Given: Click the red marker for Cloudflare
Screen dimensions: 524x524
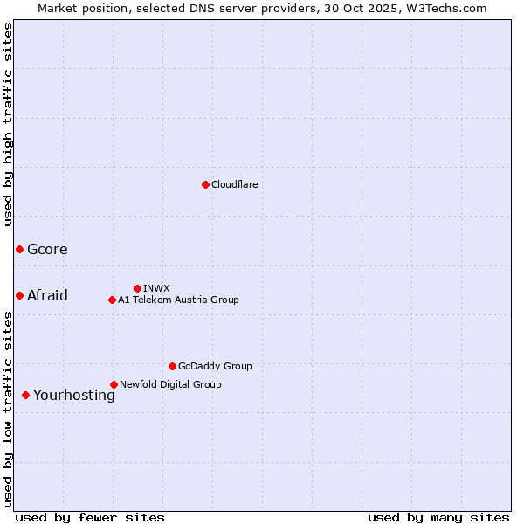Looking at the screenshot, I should (x=205, y=184).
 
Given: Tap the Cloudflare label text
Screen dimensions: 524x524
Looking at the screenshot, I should (x=234, y=184).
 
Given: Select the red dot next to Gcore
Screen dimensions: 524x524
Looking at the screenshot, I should (x=19, y=250).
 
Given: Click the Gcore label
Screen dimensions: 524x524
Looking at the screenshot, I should (x=47, y=250).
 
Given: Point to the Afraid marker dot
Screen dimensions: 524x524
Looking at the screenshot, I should (x=19, y=295).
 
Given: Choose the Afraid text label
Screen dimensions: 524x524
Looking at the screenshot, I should (x=47, y=295).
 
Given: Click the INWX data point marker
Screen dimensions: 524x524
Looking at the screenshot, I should (x=137, y=288).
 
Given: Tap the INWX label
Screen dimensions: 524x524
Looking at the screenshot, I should (x=156, y=288).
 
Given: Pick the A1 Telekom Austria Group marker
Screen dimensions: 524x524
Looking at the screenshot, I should (x=112, y=300).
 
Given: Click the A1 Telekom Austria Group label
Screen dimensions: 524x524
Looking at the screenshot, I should (x=178, y=300).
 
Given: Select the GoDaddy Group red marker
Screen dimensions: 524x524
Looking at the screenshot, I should (x=172, y=366).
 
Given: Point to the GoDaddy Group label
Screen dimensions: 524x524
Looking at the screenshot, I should (x=214, y=366).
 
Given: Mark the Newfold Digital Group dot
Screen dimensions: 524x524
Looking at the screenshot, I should (x=114, y=384).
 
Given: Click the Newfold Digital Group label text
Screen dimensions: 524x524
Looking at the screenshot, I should (x=170, y=384).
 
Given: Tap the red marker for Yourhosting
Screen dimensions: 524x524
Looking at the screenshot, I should (x=25, y=395).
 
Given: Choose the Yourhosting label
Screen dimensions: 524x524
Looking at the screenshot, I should (x=73, y=395).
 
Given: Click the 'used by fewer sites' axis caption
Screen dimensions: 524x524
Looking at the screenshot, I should (x=90, y=517).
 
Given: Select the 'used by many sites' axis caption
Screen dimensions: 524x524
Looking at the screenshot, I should (x=438, y=517).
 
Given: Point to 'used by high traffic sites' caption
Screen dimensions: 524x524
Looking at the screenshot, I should (x=9, y=124).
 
